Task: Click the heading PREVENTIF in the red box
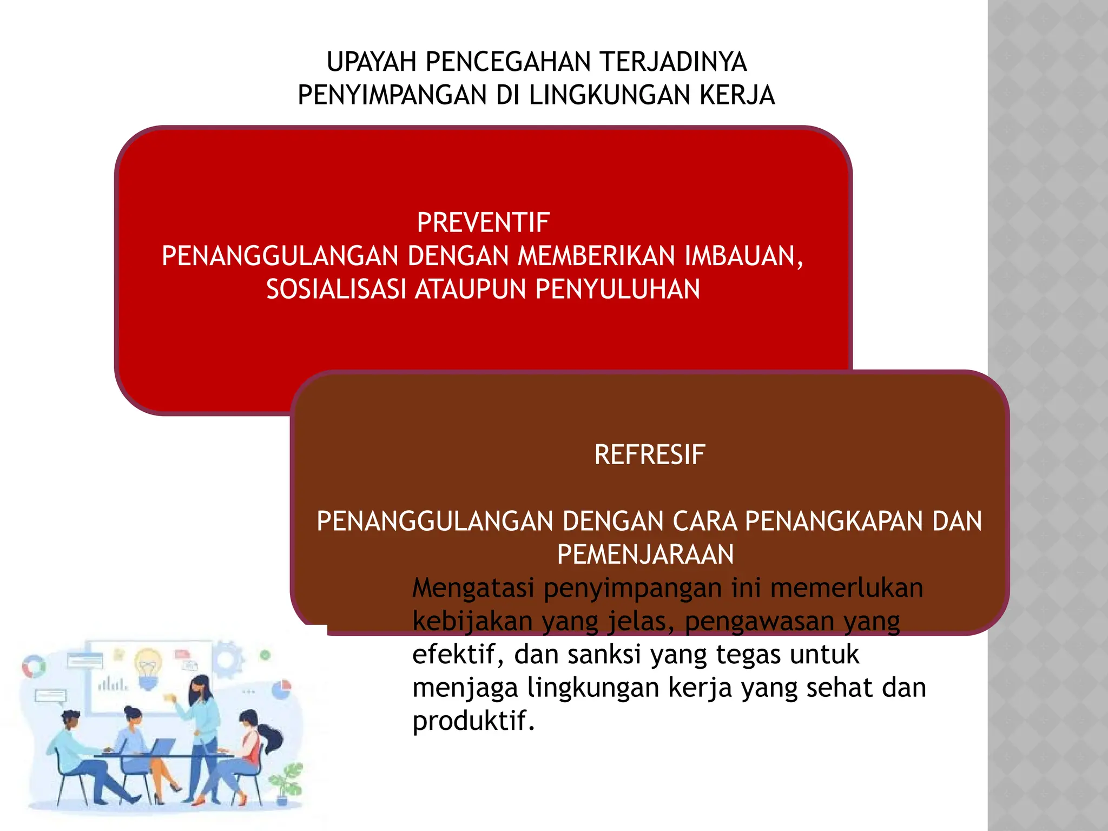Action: (x=483, y=222)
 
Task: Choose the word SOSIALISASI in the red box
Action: (x=336, y=289)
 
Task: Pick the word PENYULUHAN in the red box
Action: (x=617, y=289)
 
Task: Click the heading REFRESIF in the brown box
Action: (x=649, y=454)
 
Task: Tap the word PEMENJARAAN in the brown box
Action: (x=645, y=555)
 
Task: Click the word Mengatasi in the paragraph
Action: (x=473, y=588)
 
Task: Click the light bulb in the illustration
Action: (x=148, y=669)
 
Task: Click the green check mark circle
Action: (x=265, y=655)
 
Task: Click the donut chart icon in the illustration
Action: (x=34, y=667)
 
